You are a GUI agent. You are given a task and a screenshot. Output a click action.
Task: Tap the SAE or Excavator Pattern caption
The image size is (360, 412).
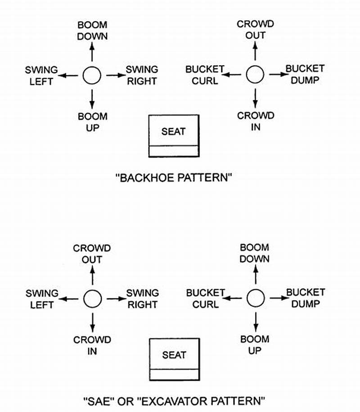click(x=174, y=400)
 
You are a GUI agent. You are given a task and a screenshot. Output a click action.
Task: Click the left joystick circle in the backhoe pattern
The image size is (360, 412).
click(x=92, y=76)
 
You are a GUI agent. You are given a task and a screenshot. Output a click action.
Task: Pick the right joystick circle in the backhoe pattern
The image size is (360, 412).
click(x=255, y=75)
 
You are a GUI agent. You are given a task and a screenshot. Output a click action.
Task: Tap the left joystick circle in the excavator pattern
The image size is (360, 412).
click(x=92, y=299)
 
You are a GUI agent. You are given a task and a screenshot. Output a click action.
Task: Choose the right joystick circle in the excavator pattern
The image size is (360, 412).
click(x=256, y=298)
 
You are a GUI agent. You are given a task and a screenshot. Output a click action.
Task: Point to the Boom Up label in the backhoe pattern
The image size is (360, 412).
click(x=92, y=122)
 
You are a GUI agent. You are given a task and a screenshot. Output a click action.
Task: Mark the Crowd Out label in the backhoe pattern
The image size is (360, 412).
click(x=256, y=29)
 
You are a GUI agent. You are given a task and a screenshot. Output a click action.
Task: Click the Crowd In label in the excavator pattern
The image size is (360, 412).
click(x=92, y=345)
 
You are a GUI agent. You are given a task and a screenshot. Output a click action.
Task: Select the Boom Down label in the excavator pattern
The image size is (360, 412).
click(x=255, y=253)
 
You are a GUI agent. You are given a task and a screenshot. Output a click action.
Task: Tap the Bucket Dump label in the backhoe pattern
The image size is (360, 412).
click(x=305, y=74)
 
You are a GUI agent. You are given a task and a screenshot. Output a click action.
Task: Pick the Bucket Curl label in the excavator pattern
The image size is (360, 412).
click(x=205, y=299)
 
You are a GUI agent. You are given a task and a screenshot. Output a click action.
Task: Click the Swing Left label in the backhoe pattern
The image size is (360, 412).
click(x=41, y=76)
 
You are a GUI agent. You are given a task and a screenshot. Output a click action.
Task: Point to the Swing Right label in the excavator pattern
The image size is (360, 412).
click(x=142, y=299)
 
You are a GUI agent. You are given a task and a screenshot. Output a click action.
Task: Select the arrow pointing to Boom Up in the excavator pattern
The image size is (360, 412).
click(x=256, y=321)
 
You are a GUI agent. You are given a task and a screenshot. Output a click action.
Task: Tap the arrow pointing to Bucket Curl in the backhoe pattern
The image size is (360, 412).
click(x=233, y=75)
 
